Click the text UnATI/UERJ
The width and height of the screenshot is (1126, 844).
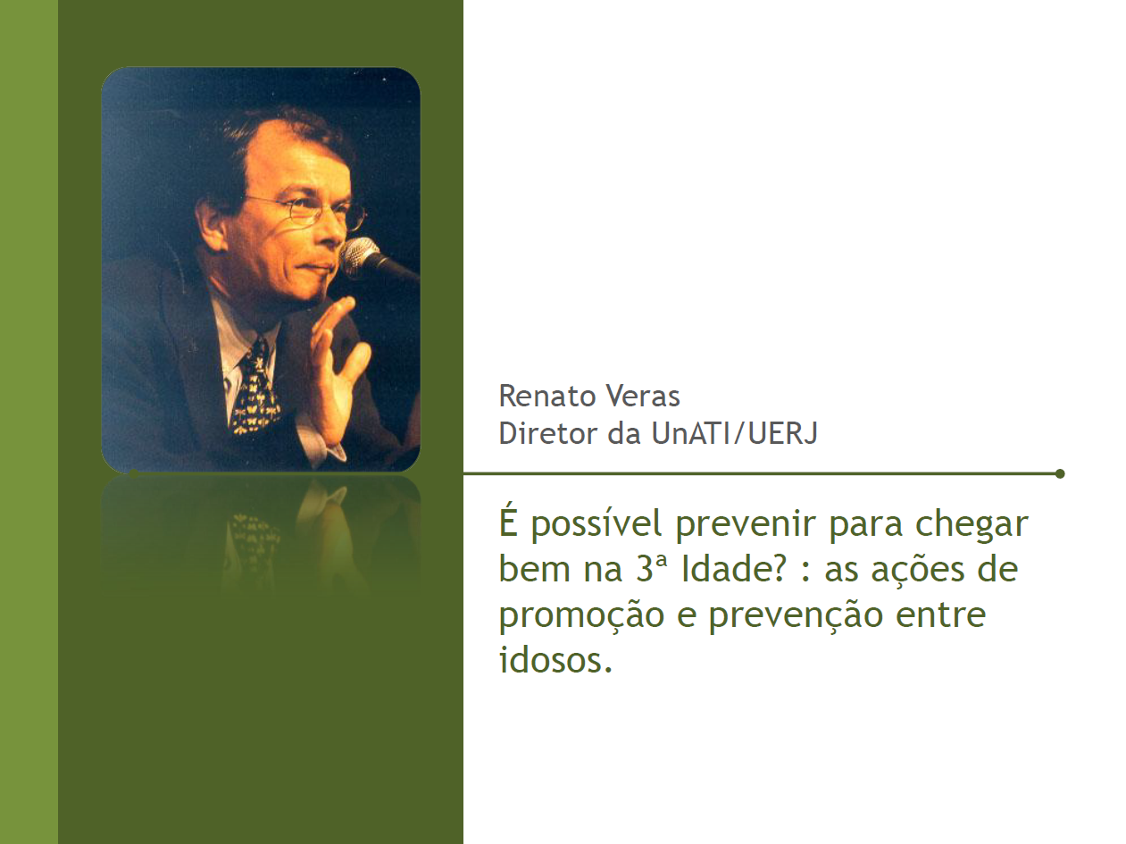tap(734, 434)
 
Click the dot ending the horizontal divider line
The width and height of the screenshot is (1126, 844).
tap(1060, 473)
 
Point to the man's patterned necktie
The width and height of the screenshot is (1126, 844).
tap(254, 389)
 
